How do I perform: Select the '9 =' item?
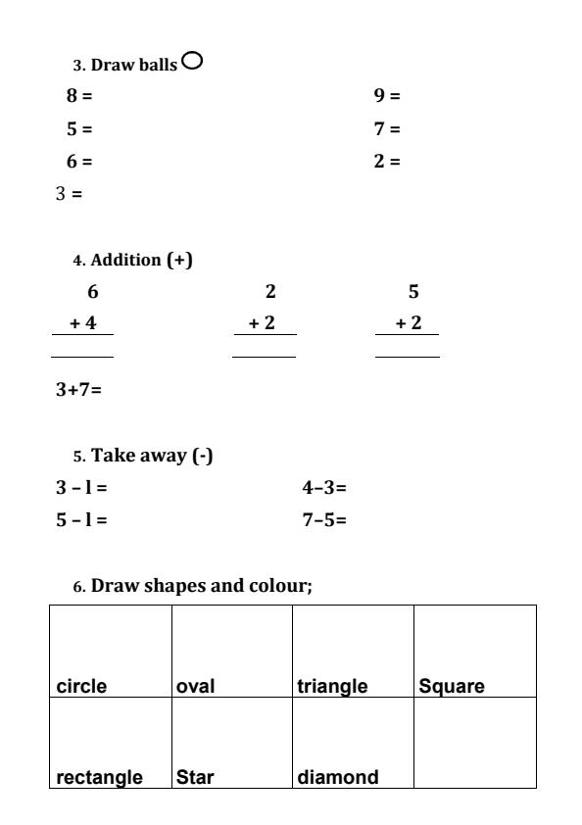click(388, 97)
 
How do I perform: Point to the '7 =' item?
click(388, 129)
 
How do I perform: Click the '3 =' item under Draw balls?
click(69, 194)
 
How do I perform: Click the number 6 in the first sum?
click(93, 291)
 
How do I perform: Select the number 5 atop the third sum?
click(412, 291)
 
